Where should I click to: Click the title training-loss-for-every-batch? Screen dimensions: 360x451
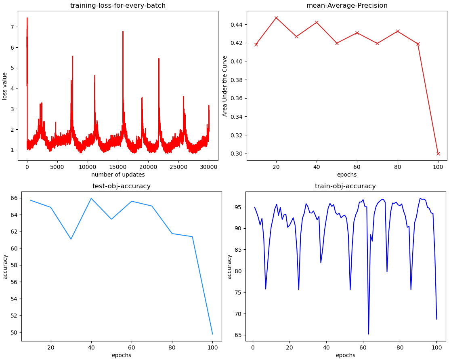(118, 6)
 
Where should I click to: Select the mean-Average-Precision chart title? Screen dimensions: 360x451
(347, 6)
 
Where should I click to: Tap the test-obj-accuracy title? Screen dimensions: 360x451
(122, 186)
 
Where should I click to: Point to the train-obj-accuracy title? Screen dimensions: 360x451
(345, 186)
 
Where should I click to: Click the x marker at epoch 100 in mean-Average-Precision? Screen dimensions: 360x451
(438, 154)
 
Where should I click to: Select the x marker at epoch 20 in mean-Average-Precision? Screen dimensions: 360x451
(276, 18)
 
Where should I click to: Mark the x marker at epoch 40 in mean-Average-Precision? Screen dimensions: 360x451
(317, 22)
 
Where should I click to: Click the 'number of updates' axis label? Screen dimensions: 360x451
(118, 175)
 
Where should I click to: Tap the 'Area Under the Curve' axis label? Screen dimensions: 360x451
(225, 86)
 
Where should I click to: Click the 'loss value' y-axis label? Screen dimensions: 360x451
(5, 86)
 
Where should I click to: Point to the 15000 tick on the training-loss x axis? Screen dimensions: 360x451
(117, 166)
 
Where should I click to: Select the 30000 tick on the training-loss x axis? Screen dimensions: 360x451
(208, 166)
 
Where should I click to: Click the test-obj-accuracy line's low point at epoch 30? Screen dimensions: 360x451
(71, 239)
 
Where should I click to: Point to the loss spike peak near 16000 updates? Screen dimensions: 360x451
(123, 31)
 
